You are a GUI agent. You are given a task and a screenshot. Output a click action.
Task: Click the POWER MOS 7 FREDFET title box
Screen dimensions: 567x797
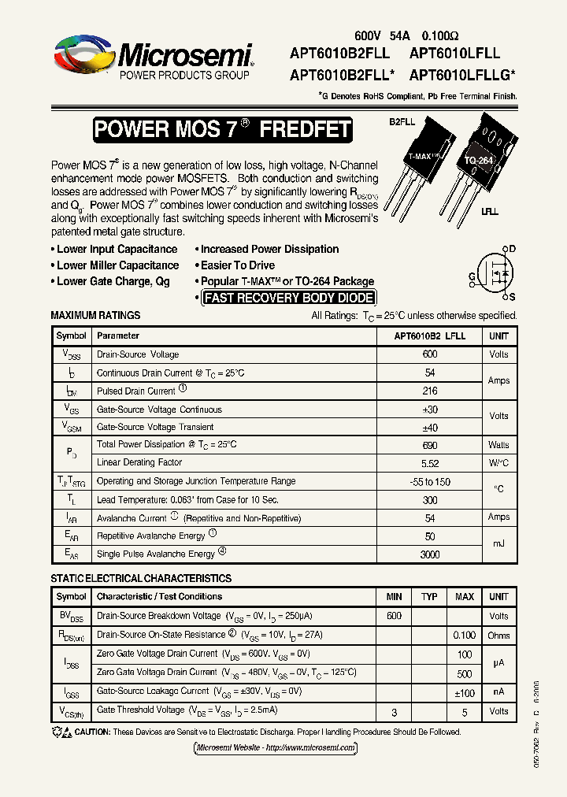click(x=222, y=130)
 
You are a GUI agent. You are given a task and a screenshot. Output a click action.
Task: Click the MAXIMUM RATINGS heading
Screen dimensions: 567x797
click(x=95, y=315)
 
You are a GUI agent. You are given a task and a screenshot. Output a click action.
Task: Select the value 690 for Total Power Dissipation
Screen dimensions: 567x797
click(x=430, y=445)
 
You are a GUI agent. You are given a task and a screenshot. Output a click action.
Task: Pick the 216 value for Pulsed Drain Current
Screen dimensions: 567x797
click(x=430, y=391)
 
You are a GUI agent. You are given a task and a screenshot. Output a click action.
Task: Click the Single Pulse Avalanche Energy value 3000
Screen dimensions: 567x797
click(x=430, y=554)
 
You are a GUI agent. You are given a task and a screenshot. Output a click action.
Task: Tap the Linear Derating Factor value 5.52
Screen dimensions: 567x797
click(x=430, y=463)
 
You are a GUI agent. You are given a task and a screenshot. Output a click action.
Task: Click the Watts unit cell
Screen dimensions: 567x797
click(x=498, y=445)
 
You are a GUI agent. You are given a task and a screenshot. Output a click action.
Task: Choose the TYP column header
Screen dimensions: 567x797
click(x=429, y=597)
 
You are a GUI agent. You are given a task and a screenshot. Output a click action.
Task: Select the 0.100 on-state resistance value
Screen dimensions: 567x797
click(x=465, y=635)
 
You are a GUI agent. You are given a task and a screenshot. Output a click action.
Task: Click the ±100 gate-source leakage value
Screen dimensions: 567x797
click(x=465, y=692)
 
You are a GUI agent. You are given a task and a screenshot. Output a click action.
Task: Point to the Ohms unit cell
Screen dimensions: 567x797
click(x=498, y=635)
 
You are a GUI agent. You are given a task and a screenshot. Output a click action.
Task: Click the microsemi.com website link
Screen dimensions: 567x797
click(x=275, y=747)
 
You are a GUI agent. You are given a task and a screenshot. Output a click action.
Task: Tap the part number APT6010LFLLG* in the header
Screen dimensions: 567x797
click(x=462, y=76)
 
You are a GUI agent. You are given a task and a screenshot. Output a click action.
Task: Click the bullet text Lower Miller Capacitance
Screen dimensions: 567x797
click(x=117, y=265)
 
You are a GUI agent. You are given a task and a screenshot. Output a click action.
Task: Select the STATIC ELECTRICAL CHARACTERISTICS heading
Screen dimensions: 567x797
click(x=141, y=579)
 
